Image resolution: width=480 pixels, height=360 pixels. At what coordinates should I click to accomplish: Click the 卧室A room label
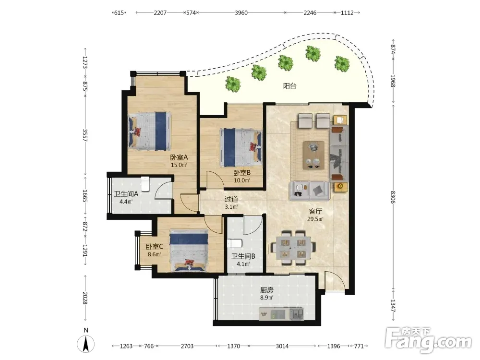179,157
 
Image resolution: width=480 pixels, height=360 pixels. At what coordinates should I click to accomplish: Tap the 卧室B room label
242,173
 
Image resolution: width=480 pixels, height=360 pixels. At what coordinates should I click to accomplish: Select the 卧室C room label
154,246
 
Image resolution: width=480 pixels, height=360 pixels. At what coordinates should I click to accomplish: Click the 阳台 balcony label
289,86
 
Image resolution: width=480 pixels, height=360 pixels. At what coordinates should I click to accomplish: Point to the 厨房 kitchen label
266,289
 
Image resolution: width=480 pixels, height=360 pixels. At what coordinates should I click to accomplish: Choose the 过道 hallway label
231,199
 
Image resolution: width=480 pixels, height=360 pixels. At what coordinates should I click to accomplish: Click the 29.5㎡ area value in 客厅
315,219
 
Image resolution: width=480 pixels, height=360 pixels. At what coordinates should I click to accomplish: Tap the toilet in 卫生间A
145,184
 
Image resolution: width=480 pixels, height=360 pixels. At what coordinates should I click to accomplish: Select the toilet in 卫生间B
235,243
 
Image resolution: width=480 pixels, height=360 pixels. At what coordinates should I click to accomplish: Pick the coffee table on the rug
313,155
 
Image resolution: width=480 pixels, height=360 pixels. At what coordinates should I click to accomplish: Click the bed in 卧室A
149,131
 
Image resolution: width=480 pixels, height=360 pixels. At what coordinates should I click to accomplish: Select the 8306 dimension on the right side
393,197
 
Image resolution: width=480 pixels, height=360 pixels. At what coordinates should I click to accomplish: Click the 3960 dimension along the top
241,13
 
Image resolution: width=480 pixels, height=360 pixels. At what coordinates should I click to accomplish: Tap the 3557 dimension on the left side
85,135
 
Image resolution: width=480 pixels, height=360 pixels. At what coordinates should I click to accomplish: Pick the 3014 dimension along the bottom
282,346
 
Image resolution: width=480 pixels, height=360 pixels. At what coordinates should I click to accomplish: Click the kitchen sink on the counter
297,313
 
